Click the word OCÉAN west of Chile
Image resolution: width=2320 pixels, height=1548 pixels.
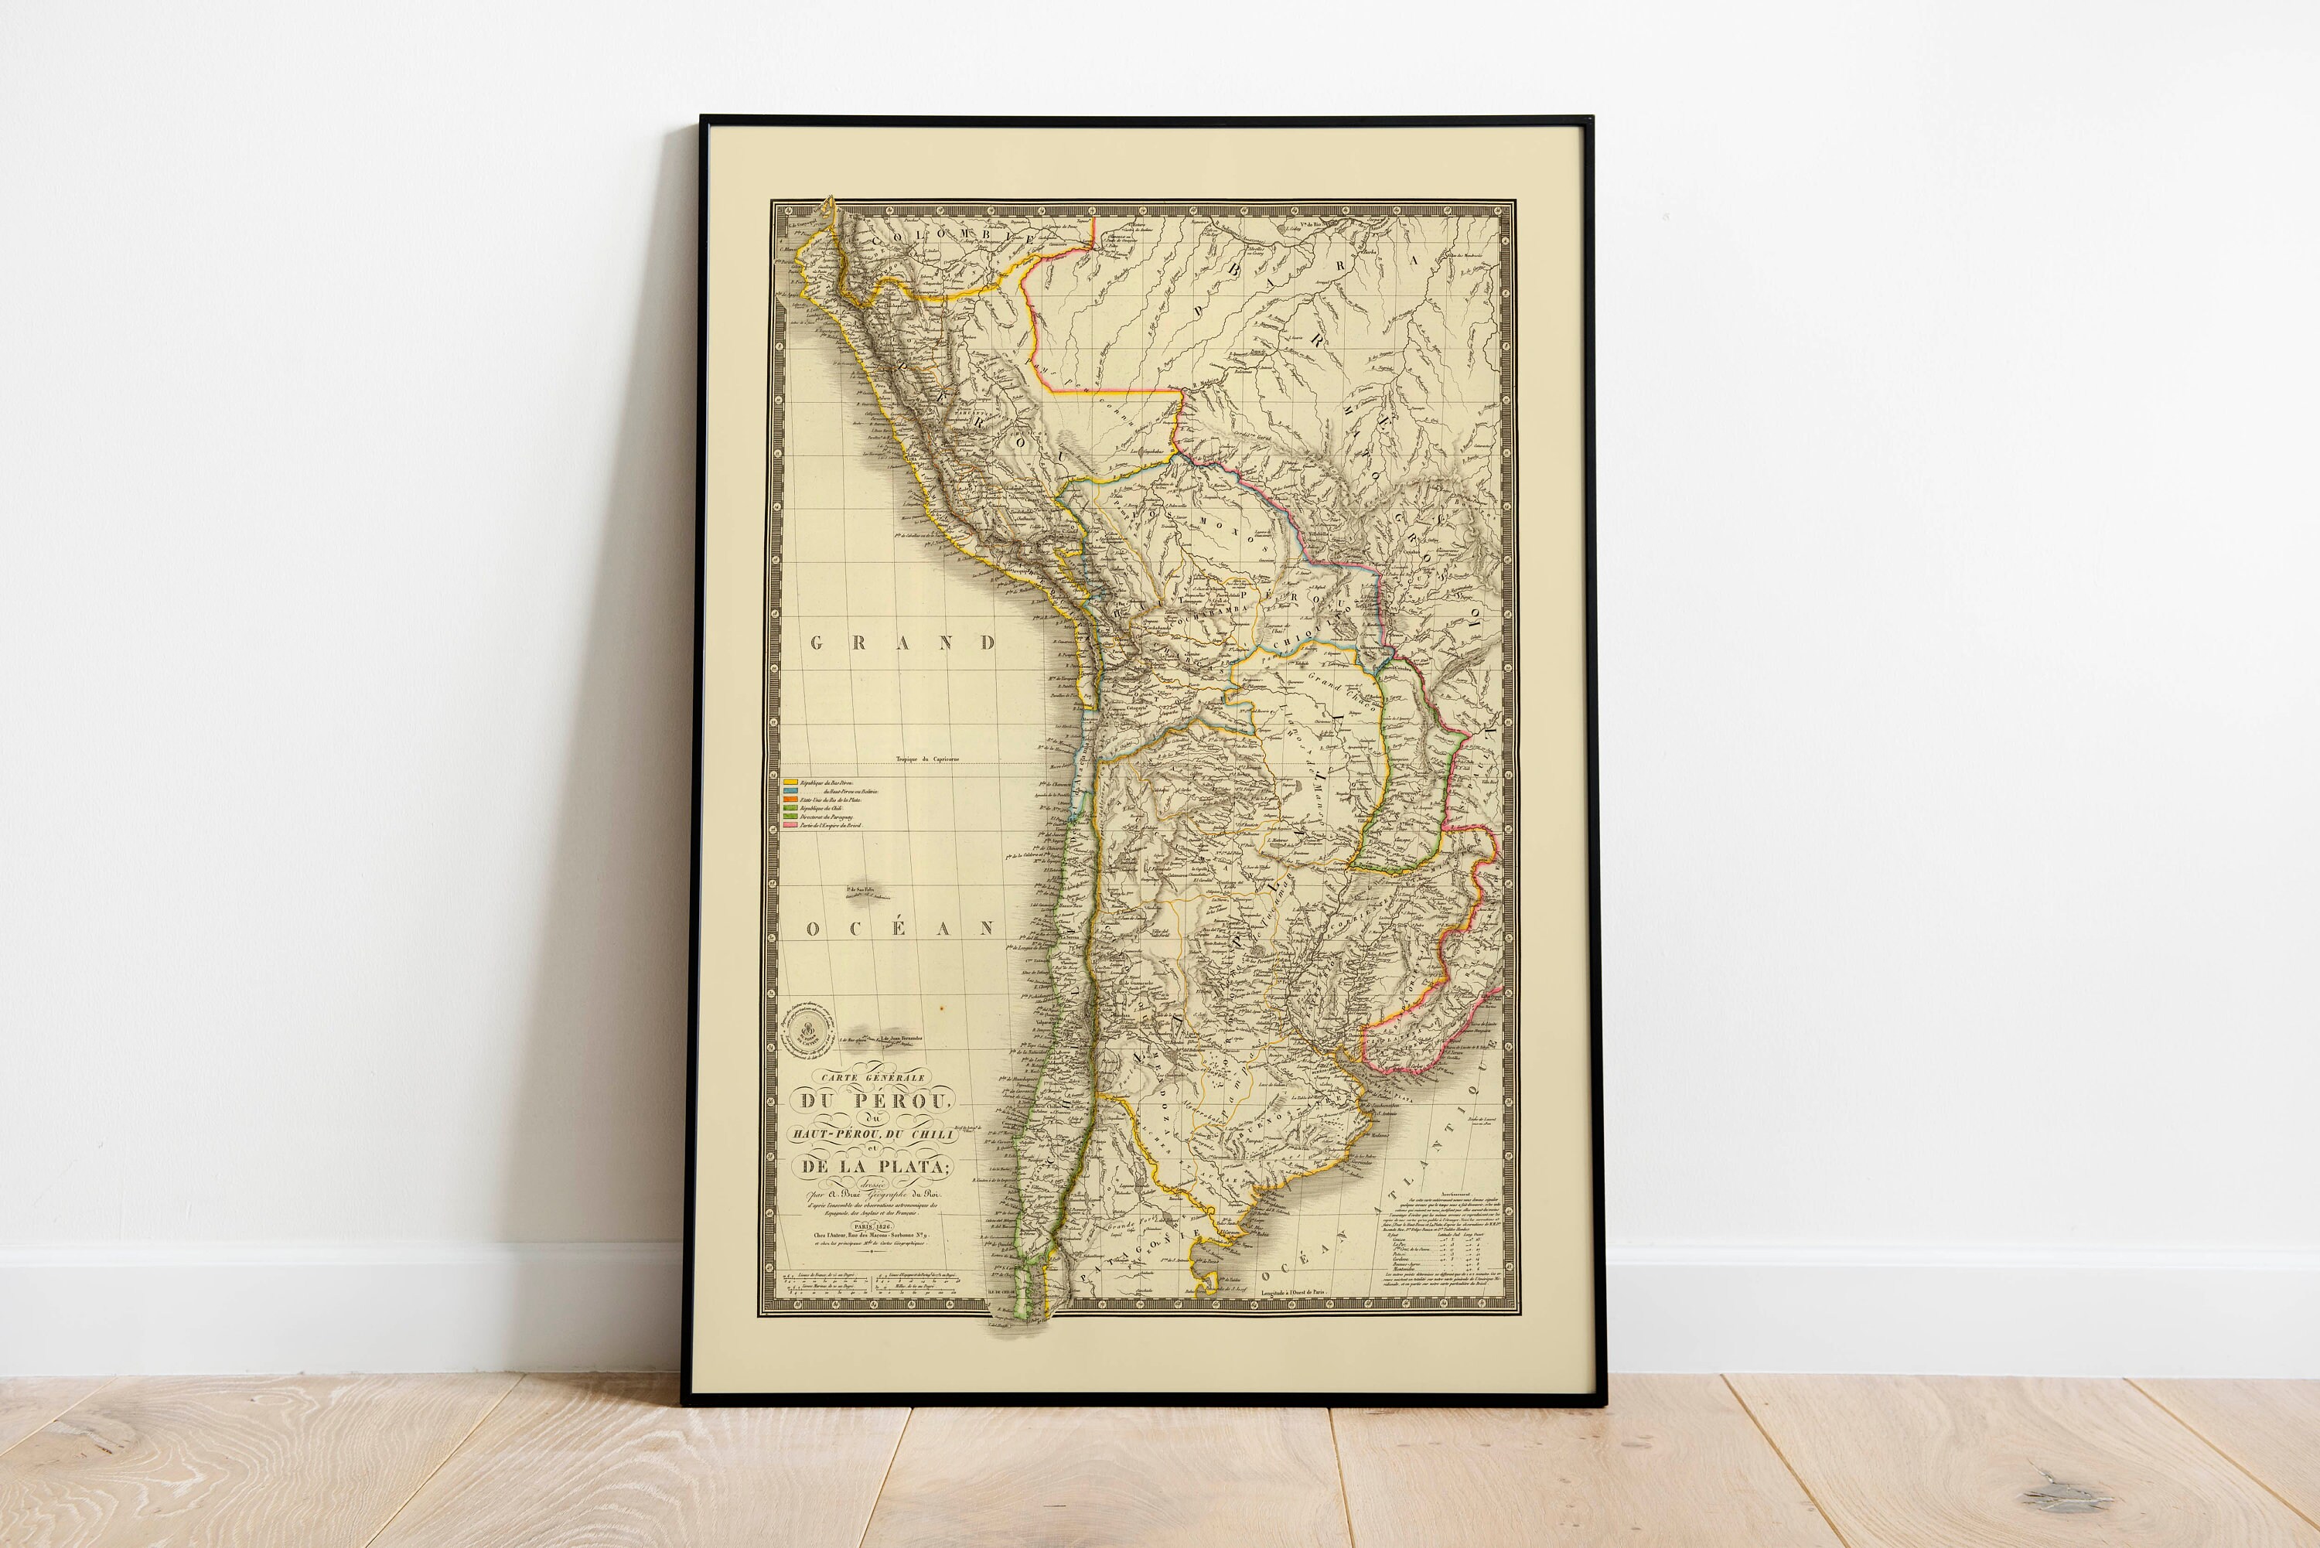pyautogui.click(x=900, y=929)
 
